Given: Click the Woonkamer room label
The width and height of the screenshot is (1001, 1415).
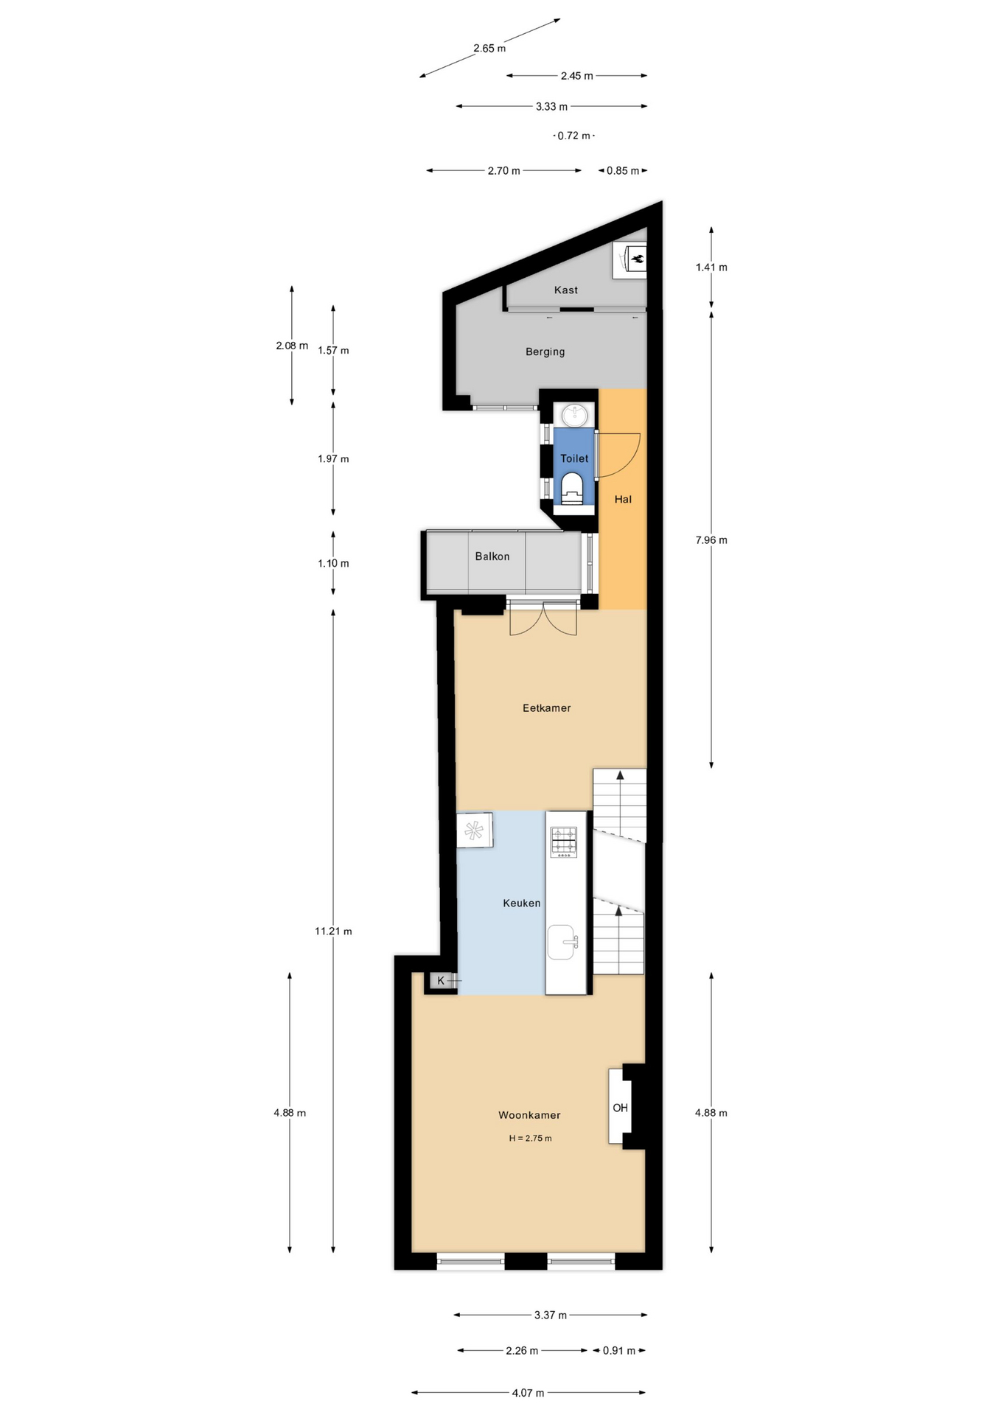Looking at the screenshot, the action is [x=529, y=1115].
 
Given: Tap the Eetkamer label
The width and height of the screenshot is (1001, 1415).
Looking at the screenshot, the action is [x=546, y=707].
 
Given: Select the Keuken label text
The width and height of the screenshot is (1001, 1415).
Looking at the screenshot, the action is [x=521, y=903].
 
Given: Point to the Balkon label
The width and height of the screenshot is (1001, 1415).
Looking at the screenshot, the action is [x=492, y=556].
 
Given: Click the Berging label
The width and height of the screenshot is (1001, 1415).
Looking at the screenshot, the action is [x=545, y=352].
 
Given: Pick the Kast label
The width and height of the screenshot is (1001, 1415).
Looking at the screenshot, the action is [x=565, y=290].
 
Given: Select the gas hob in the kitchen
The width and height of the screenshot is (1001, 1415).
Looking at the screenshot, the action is [x=565, y=842].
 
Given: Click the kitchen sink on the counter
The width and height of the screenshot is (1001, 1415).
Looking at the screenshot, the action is [x=562, y=942].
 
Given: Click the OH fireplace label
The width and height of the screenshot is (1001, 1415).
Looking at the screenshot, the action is [x=620, y=1108].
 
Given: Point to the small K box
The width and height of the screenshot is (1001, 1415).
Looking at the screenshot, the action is [x=441, y=980].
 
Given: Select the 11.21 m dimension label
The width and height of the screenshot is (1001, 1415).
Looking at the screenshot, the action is [x=333, y=931].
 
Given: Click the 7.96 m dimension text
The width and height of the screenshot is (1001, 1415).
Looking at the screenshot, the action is [x=711, y=539].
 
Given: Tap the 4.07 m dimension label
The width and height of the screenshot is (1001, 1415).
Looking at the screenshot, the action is [x=528, y=1393].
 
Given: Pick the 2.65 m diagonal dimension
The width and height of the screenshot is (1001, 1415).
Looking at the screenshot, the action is [x=489, y=48].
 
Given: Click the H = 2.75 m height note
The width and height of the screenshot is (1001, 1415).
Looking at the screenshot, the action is [x=530, y=1138].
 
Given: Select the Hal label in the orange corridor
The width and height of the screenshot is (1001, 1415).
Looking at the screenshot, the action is [x=623, y=499].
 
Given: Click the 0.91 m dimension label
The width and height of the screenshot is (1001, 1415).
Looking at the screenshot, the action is [x=618, y=1350].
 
